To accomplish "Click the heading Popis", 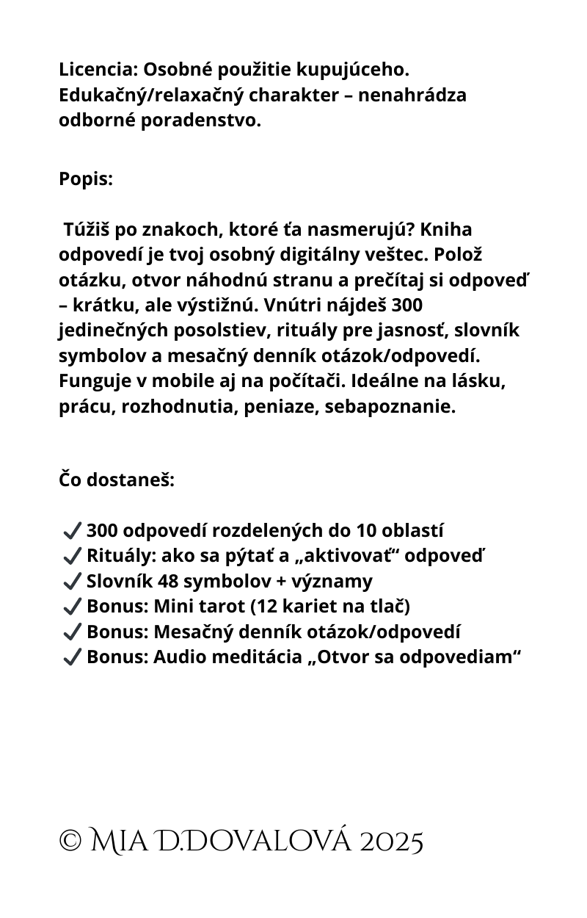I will [86, 179].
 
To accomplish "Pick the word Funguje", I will [93, 381].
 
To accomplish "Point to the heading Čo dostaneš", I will [117, 480].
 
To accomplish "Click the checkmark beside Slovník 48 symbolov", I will [72, 582].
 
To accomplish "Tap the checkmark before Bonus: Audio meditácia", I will [72, 657].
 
